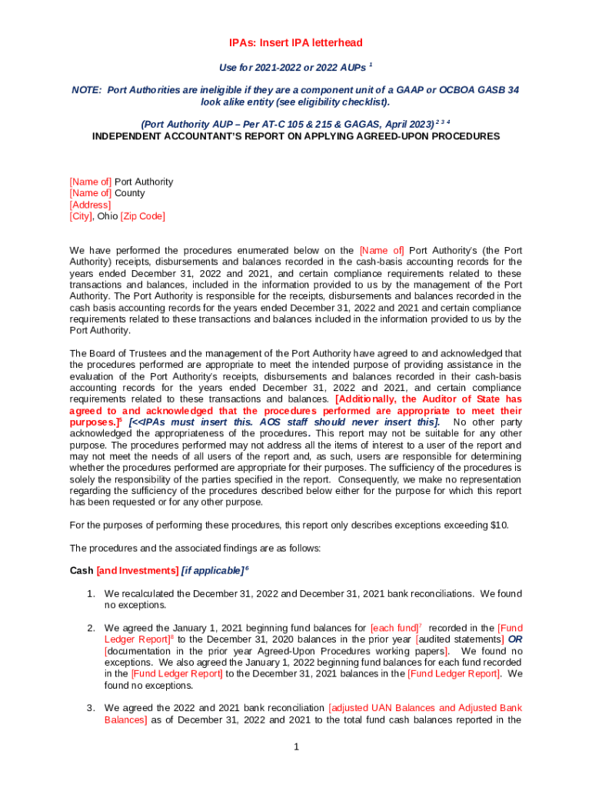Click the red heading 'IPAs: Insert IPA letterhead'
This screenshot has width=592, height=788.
295,43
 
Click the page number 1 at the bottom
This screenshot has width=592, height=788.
295,746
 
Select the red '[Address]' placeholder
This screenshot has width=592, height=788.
90,205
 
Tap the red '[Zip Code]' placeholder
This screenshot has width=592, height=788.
143,216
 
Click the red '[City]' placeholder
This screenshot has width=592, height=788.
81,216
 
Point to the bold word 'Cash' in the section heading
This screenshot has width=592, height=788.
81,571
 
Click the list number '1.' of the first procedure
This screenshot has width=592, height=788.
91,594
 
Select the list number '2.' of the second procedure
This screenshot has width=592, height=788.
91,628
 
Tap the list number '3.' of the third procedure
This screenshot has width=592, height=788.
91,708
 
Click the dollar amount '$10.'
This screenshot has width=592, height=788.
499,526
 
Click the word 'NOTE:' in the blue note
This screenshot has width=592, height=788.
86,90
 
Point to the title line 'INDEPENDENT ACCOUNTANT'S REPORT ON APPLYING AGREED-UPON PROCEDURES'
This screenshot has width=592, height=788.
296,136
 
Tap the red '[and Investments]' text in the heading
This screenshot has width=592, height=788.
137,571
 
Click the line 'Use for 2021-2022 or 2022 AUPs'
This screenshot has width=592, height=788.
290,68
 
